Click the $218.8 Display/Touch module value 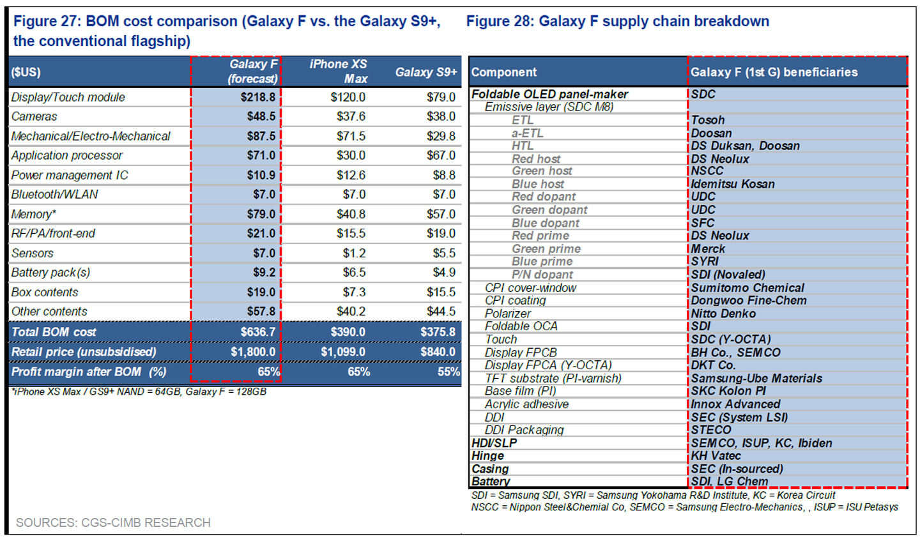tap(257, 97)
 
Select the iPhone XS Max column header tap(339, 71)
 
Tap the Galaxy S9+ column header tap(425, 72)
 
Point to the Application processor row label tap(67, 155)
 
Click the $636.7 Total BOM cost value tap(257, 331)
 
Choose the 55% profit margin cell tap(448, 372)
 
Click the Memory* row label tap(34, 214)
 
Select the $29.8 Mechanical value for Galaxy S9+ tap(441, 136)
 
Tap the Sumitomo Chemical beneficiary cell tap(747, 287)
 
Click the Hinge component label tap(487, 455)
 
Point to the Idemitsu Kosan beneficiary tap(733, 184)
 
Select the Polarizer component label tap(507, 314)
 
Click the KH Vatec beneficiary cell tap(716, 455)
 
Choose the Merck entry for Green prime tap(708, 248)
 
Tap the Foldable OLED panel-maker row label tap(549, 94)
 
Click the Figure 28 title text tap(617, 21)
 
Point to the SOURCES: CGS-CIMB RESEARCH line tap(113, 522)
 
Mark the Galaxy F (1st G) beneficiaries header tap(774, 72)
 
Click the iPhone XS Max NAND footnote tap(139, 392)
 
